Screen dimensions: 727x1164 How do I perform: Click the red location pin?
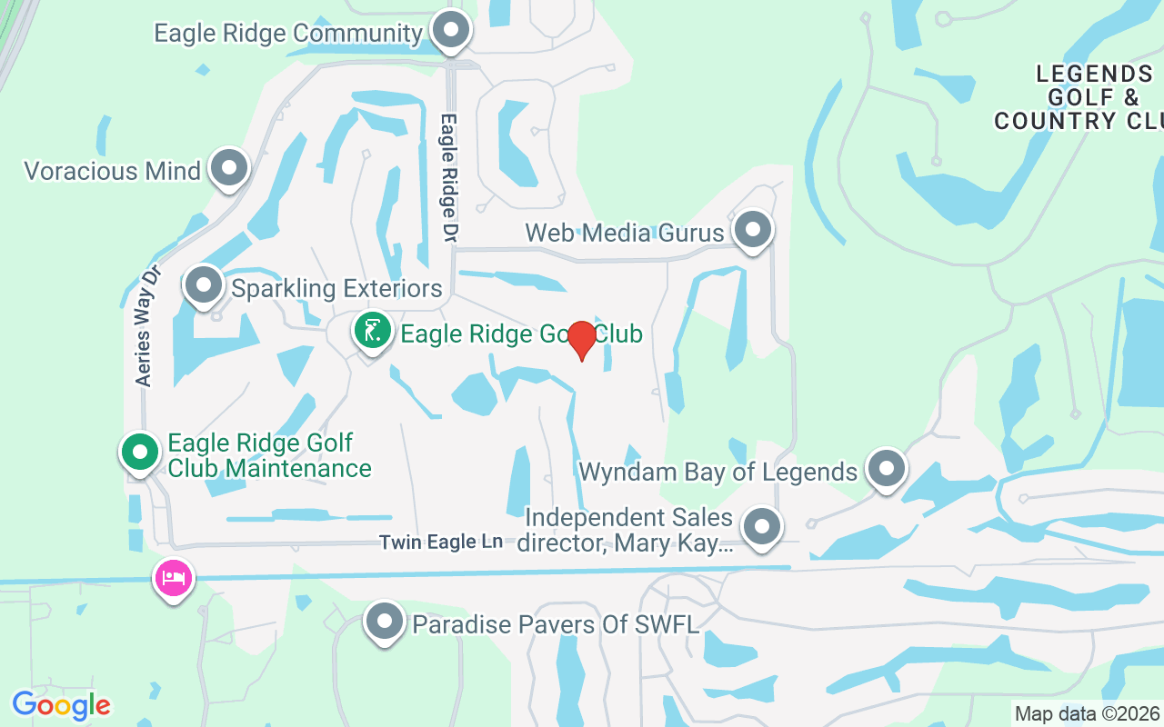pyautogui.click(x=582, y=339)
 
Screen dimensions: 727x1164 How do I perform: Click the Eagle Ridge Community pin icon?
pyautogui.click(x=450, y=31)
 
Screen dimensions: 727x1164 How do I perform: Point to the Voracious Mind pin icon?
pyautogui.click(x=229, y=168)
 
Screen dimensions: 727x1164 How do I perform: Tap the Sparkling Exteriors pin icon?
pyautogui.click(x=205, y=285)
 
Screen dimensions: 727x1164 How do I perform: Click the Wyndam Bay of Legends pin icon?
pyautogui.click(x=887, y=469)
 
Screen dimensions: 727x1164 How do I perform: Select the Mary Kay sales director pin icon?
pyautogui.click(x=762, y=527)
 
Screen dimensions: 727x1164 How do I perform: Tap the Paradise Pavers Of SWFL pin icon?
pyautogui.click(x=385, y=622)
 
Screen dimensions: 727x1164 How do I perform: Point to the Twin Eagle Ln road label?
pyautogui.click(x=441, y=542)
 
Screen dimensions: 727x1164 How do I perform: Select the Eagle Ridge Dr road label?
pyautogui.click(x=448, y=177)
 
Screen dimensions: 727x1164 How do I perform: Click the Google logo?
pyautogui.click(x=61, y=705)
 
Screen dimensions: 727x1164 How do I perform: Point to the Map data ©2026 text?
pyautogui.click(x=1087, y=713)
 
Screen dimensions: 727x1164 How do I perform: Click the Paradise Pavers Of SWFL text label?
pyautogui.click(x=556, y=624)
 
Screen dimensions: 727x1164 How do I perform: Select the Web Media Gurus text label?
pyautogui.click(x=625, y=233)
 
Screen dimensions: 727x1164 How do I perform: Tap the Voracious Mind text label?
pyautogui.click(x=112, y=171)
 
